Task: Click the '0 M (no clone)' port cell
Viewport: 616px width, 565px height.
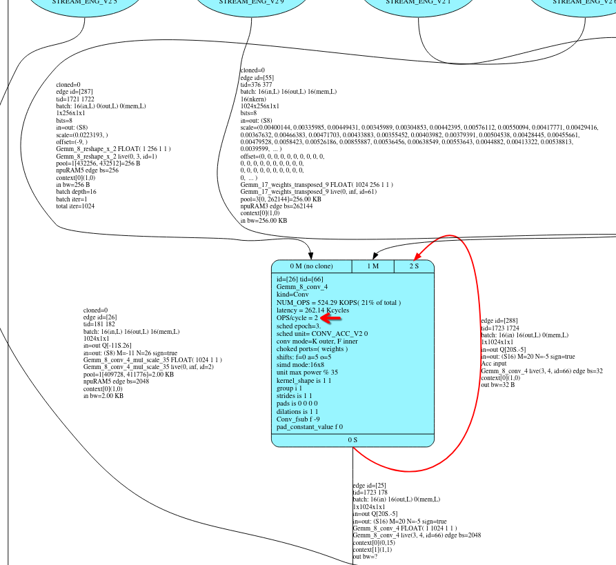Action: tap(311, 266)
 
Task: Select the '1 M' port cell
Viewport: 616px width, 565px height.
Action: tap(372, 266)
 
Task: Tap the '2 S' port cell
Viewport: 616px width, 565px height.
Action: tap(414, 266)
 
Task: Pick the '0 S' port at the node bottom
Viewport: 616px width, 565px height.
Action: tap(352, 439)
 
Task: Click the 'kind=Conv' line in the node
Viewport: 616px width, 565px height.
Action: tap(292, 295)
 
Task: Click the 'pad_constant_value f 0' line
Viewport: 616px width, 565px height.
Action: tap(310, 427)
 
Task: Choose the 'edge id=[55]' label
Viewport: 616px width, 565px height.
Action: tap(257, 78)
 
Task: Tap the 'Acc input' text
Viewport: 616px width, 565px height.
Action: tap(494, 364)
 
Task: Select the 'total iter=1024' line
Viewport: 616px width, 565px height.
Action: tap(76, 206)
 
